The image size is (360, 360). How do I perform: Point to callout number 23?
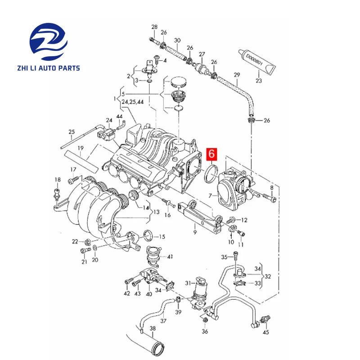258,81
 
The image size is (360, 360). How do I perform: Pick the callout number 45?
266,333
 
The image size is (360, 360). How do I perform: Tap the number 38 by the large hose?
153,328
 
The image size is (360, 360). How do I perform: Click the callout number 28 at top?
154,27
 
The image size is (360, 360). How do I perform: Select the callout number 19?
81,148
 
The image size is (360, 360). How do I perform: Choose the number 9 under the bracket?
195,233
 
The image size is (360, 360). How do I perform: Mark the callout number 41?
170,256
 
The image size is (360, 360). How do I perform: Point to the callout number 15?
162,236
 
